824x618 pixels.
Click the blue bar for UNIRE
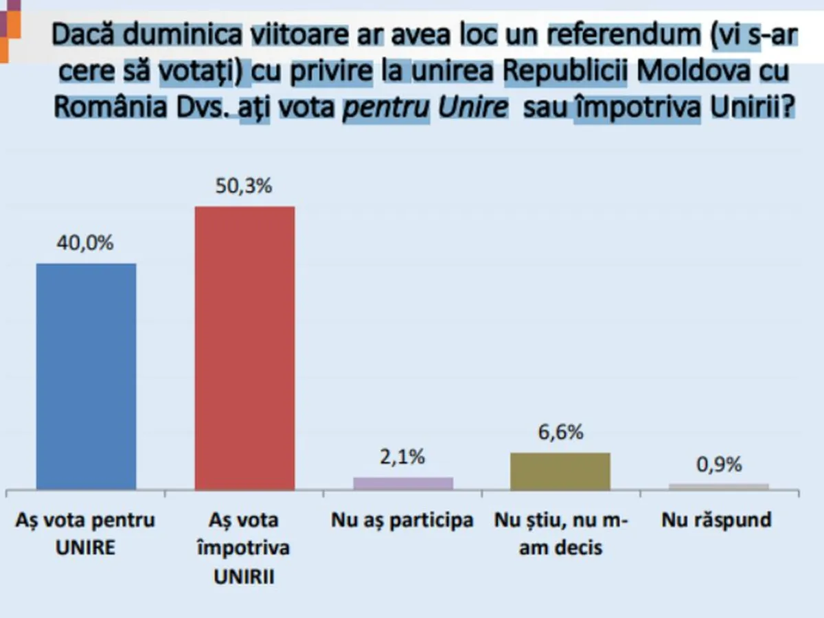(x=86, y=376)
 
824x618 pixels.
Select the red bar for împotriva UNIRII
(x=245, y=348)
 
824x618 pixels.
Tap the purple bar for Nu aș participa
(x=403, y=483)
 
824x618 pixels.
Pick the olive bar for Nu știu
(x=560, y=471)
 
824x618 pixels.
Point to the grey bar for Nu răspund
(x=719, y=486)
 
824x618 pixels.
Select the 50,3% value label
(x=245, y=186)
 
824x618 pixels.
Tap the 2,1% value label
(x=402, y=457)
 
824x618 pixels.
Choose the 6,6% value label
(x=560, y=433)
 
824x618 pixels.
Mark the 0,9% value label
(x=719, y=465)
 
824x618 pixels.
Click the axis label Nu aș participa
(x=402, y=520)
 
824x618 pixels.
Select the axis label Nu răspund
(x=717, y=520)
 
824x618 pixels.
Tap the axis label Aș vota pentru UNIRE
(x=86, y=534)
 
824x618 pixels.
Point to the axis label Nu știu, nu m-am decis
(x=560, y=534)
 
